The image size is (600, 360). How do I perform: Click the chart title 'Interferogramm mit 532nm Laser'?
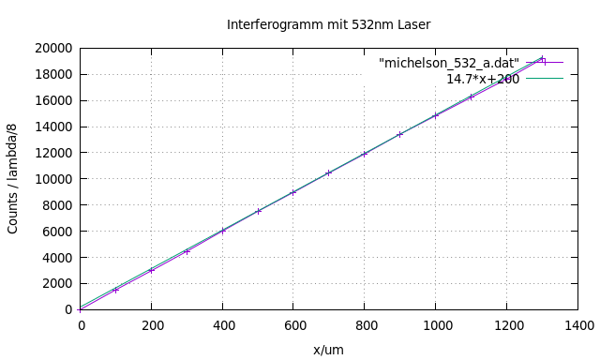point(328,24)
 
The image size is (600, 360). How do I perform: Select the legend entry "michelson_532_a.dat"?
point(449,63)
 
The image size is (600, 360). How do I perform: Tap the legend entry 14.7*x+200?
point(482,79)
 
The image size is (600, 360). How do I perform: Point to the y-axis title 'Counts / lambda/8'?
point(13,178)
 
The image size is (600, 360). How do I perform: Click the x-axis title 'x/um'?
point(328,349)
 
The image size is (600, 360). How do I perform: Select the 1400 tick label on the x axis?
point(578,325)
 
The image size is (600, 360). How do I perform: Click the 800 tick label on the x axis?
point(365,325)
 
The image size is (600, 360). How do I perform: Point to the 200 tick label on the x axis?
point(152,325)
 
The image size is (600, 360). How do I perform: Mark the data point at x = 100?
point(116,290)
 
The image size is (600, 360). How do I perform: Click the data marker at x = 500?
point(258,211)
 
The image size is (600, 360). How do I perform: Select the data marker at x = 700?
point(329,172)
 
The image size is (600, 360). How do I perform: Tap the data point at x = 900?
point(400,134)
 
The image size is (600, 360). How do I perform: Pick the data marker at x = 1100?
point(472,97)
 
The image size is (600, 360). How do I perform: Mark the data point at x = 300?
point(187,251)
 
